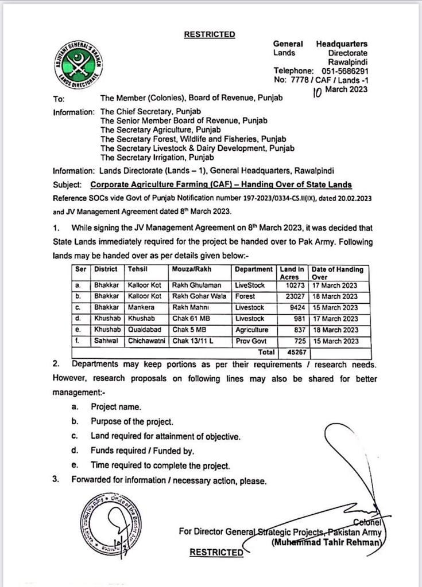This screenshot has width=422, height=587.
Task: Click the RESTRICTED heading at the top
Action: click(209, 34)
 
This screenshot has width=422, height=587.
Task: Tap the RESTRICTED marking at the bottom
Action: click(216, 552)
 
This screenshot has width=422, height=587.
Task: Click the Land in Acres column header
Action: click(293, 272)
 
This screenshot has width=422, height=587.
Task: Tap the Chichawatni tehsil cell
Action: click(146, 341)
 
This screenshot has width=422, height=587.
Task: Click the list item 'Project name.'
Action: click(115, 407)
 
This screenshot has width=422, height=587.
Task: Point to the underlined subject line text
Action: click(221, 185)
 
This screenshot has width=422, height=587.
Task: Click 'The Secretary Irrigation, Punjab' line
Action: click(157, 157)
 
